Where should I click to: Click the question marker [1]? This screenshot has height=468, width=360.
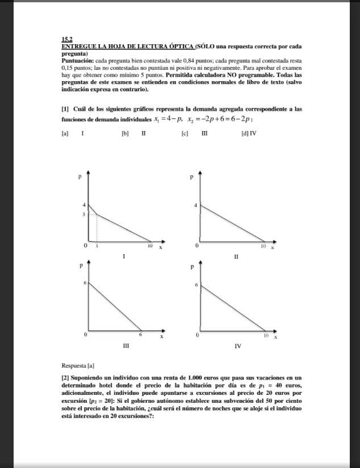pyautogui.click(x=65, y=108)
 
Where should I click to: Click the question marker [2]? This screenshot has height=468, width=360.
pyautogui.click(x=65, y=377)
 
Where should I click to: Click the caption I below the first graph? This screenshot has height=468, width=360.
pyautogui.click(x=124, y=257)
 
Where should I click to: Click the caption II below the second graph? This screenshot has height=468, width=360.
pyautogui.click(x=236, y=257)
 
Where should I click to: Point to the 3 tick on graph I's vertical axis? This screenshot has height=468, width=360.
pyautogui.click(x=83, y=214)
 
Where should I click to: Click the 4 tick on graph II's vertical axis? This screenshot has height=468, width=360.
pyautogui.click(x=196, y=204)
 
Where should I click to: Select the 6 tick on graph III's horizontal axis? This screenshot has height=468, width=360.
pyautogui.click(x=141, y=336)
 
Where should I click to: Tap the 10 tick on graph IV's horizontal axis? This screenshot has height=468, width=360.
pyautogui.click(x=265, y=336)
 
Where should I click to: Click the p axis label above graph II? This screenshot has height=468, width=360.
pyautogui.click(x=192, y=178)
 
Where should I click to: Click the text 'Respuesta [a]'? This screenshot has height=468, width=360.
pyautogui.click(x=78, y=365)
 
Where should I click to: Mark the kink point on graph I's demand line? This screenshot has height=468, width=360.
pyautogui.click(x=97, y=214)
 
